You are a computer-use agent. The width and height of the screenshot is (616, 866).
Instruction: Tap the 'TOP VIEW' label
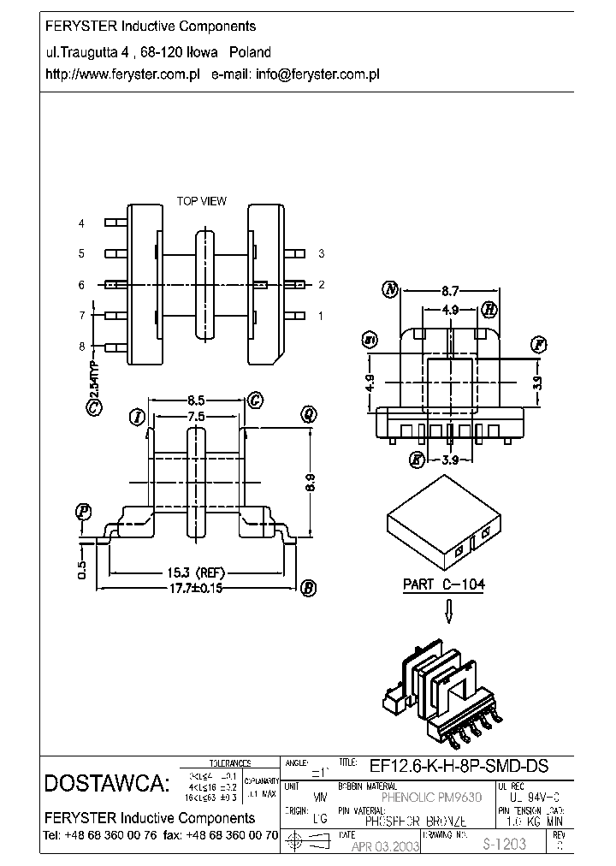tap(201, 201)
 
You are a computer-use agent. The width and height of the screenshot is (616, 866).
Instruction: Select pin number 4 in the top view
tap(81, 223)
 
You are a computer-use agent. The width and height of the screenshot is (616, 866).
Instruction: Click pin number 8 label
tap(81, 347)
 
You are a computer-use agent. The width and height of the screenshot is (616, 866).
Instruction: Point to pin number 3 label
tap(321, 254)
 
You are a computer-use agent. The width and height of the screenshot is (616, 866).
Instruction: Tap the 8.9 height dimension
tap(311, 483)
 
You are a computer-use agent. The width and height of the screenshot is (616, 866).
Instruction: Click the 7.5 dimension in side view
tap(197, 417)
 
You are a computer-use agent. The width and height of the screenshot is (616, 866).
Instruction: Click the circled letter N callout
tap(391, 289)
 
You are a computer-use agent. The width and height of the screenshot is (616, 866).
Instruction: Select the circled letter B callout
tap(308, 588)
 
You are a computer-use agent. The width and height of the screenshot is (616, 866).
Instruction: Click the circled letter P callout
tap(83, 513)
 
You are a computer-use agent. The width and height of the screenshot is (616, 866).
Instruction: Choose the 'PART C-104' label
tap(444, 585)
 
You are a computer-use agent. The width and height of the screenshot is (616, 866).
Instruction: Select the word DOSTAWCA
tap(107, 783)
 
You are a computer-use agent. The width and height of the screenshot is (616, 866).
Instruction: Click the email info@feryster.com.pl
tap(317, 74)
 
